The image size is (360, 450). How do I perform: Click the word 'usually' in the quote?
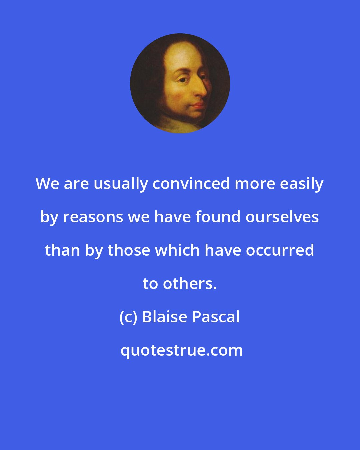(x=120, y=185)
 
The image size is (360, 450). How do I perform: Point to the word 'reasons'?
(x=93, y=218)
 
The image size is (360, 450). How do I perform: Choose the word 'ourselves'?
(x=282, y=217)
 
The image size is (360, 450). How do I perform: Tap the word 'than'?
(x=63, y=250)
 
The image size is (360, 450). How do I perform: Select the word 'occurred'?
(x=280, y=250)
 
